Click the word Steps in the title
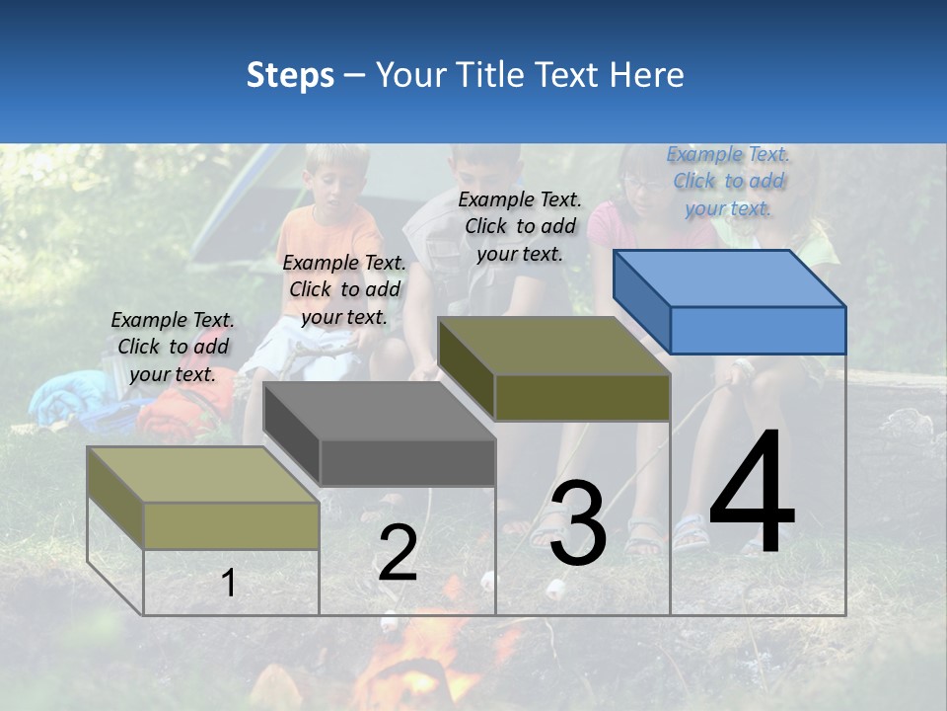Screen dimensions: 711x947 (290, 75)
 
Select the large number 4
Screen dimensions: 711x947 (752, 494)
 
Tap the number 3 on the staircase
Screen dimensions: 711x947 (578, 522)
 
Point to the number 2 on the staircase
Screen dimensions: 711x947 (398, 553)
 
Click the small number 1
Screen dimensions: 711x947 (228, 584)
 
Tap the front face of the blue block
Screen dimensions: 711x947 (758, 330)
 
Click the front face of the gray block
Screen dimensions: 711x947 (406, 462)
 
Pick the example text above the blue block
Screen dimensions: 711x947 (728, 181)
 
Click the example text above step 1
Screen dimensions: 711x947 (173, 347)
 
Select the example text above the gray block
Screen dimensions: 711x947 (344, 289)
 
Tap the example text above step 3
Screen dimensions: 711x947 (520, 226)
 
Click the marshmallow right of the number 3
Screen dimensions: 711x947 (555, 590)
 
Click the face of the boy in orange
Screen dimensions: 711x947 (326, 183)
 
